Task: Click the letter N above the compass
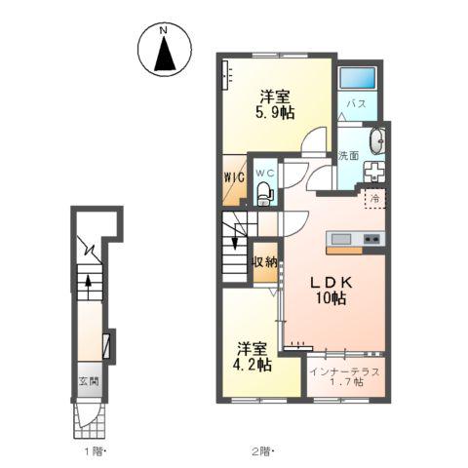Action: point(163,30)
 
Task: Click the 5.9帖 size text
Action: point(275,113)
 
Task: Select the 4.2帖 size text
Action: point(252,365)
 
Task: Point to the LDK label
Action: point(331,283)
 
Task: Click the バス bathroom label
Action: point(357,104)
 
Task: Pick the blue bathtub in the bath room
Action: point(358,78)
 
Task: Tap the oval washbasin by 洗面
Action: point(377,141)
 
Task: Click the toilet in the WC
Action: point(265,193)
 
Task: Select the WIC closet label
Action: point(234,177)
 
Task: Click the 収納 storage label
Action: point(265,261)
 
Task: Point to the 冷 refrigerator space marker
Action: point(375,198)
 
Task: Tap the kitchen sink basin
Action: point(341,239)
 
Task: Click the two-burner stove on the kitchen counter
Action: point(371,239)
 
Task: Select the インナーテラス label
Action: point(344,371)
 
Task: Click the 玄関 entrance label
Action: point(89,380)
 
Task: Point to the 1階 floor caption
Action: point(96,451)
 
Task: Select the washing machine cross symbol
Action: point(374,171)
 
